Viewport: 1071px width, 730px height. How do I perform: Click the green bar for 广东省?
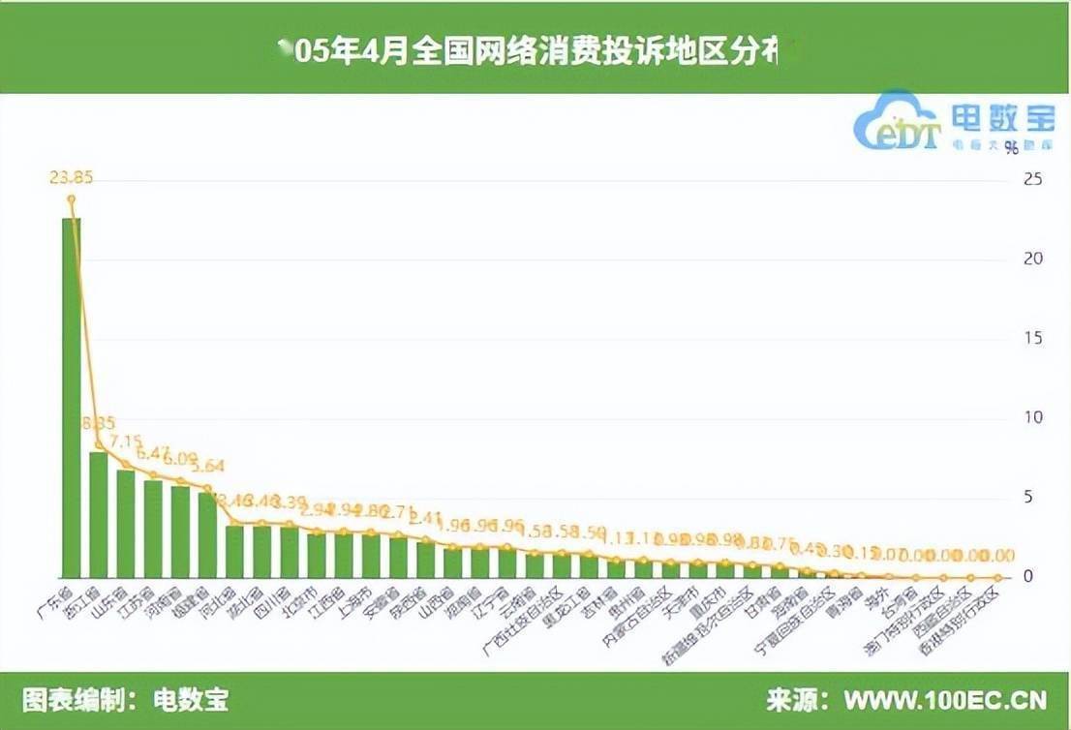71,397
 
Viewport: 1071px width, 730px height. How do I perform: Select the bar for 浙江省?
98,513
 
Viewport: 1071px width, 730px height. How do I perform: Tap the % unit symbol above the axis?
1011,148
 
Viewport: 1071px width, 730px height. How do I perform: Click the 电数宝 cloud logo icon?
895,124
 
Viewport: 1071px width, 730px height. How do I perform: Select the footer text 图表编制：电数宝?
125,700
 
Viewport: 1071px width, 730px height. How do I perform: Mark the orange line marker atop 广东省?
71,199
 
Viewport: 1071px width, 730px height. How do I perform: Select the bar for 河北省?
234,550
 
